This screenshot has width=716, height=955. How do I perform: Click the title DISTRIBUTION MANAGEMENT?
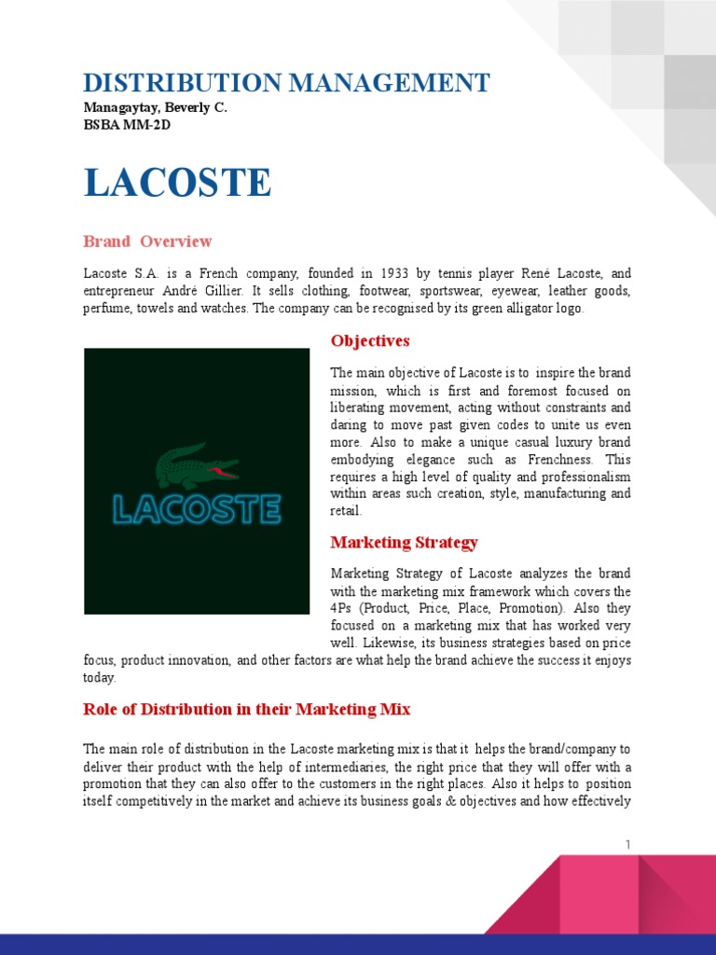pyautogui.click(x=286, y=83)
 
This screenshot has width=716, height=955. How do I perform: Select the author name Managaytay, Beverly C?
pyautogui.click(x=155, y=108)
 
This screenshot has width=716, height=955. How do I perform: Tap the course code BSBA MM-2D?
pyautogui.click(x=127, y=124)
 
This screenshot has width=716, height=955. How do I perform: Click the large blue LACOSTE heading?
pyautogui.click(x=177, y=184)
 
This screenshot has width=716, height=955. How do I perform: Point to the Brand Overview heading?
pyautogui.click(x=147, y=242)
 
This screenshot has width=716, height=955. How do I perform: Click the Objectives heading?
pyautogui.click(x=370, y=341)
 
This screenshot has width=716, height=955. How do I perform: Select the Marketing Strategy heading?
pyautogui.click(x=405, y=542)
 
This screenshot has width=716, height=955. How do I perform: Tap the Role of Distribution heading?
pyautogui.click(x=246, y=710)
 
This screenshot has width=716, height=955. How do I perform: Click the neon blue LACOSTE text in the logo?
pyautogui.click(x=197, y=509)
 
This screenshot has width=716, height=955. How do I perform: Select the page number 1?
pyautogui.click(x=627, y=845)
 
